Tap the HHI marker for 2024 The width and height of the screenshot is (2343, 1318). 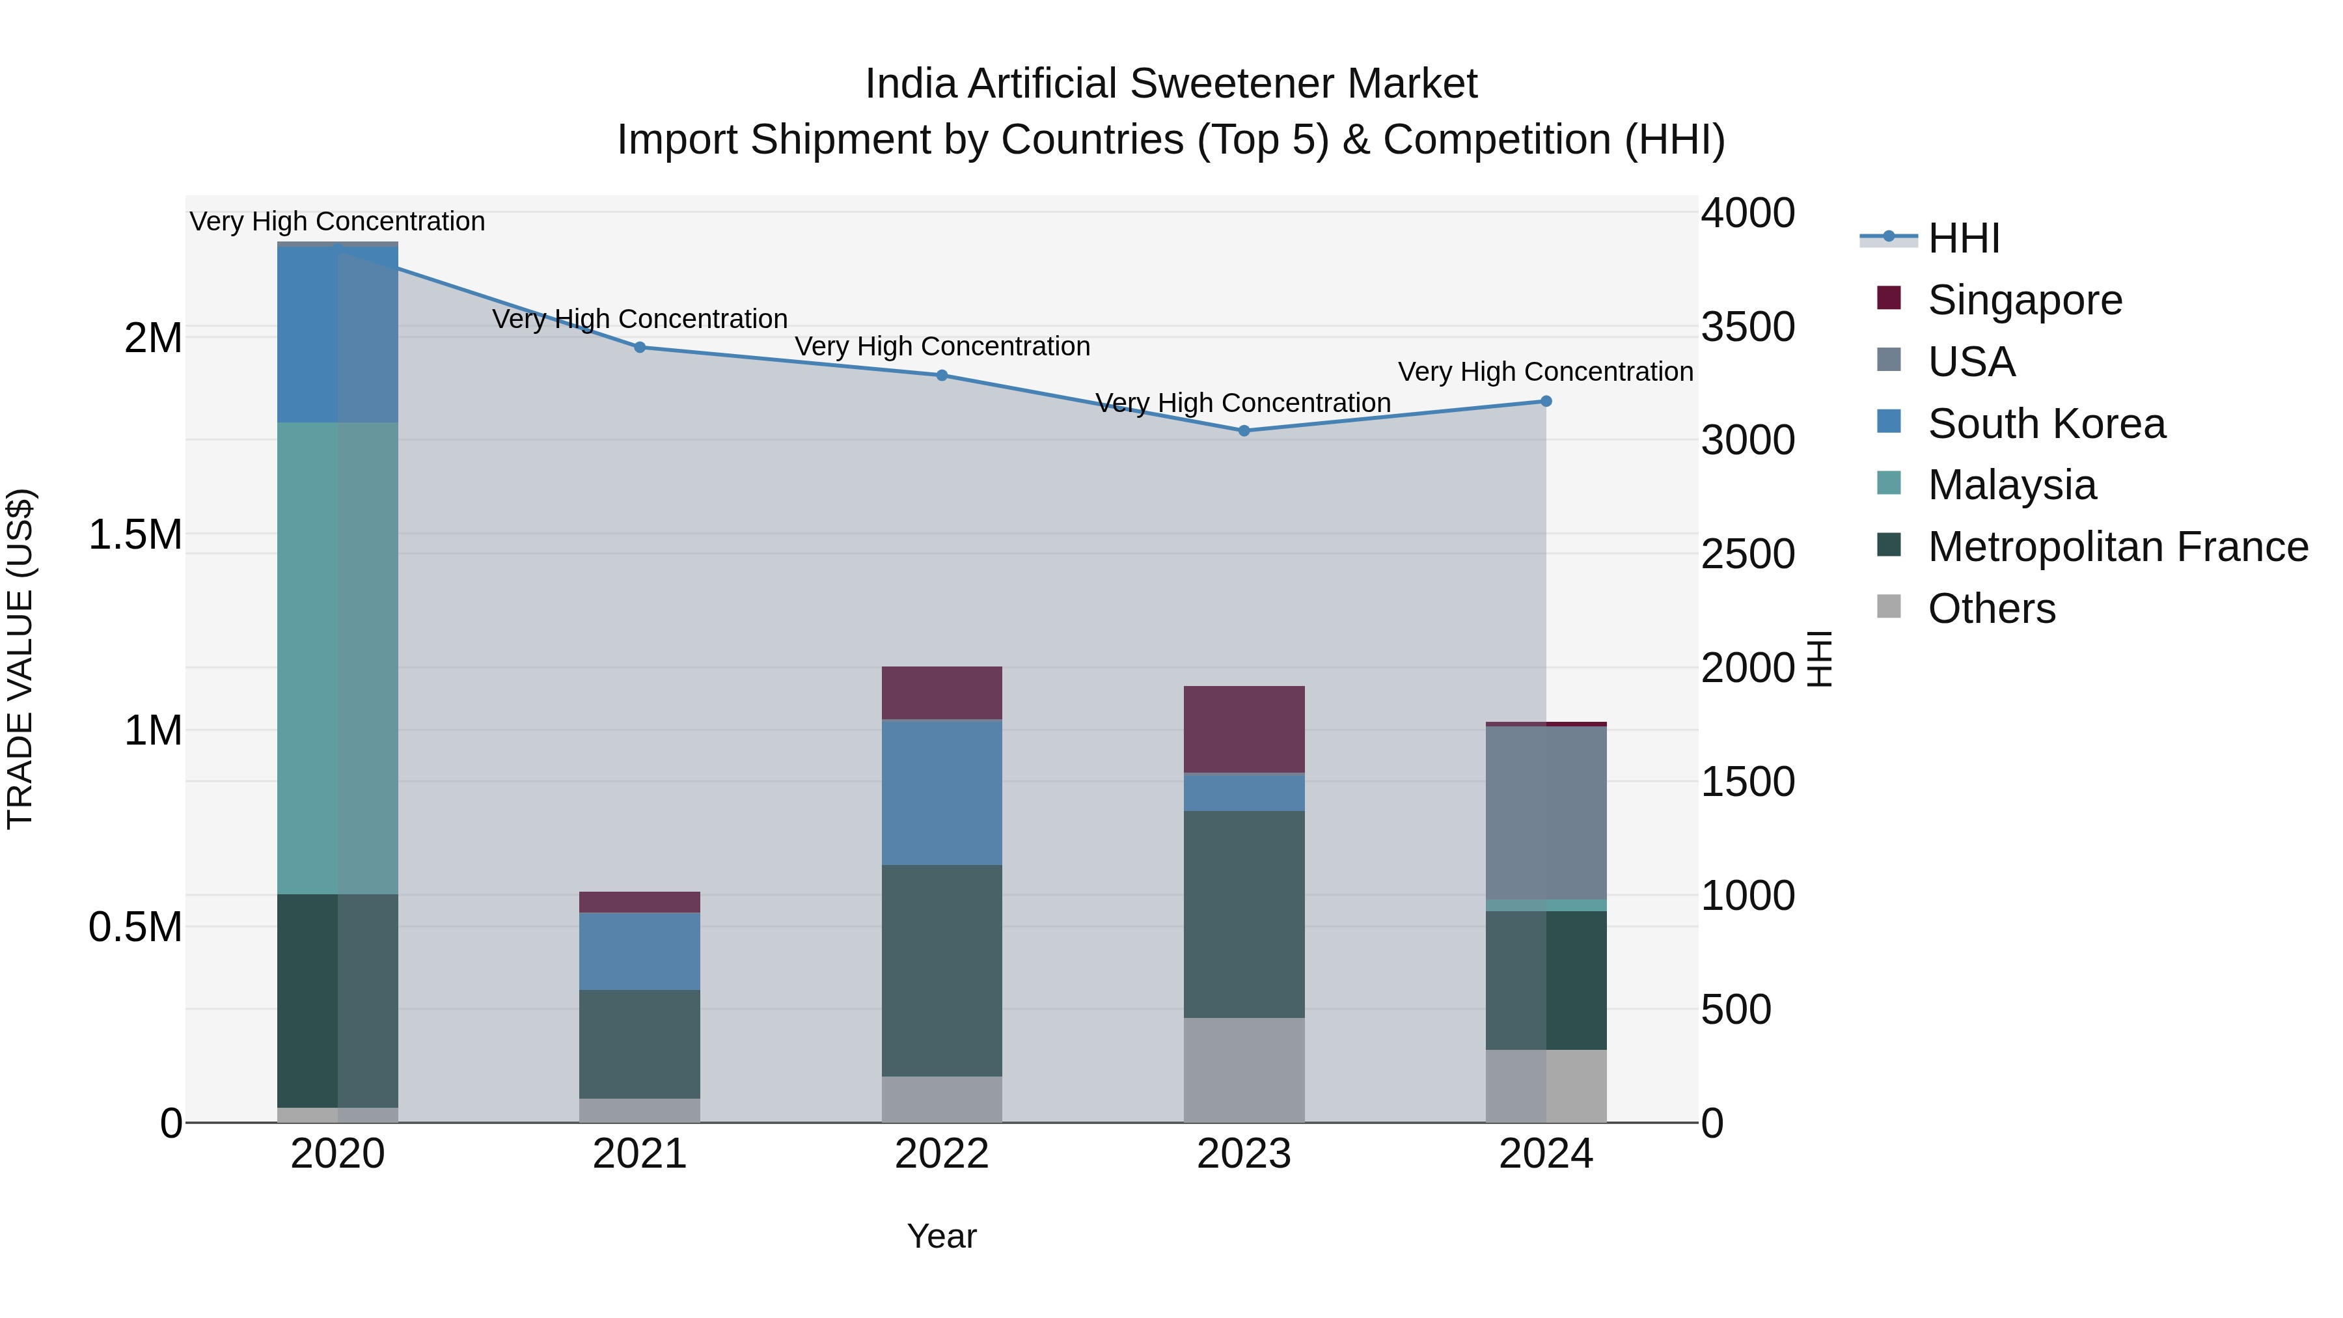pyautogui.click(x=1545, y=401)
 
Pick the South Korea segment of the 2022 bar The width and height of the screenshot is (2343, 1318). pyautogui.click(x=941, y=792)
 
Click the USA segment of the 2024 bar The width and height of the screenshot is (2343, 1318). pyautogui.click(x=1545, y=812)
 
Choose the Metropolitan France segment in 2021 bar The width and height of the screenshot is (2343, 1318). pyautogui.click(x=639, y=1044)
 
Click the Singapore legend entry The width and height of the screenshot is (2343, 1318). pyautogui.click(x=2025, y=300)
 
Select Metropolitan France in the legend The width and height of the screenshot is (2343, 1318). pyautogui.click(x=2117, y=547)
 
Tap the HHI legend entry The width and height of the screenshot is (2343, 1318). pyautogui.click(x=1963, y=238)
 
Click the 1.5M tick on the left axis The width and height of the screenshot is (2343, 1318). pyautogui.click(x=135, y=535)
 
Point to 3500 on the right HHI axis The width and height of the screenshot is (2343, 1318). pyautogui.click(x=1747, y=327)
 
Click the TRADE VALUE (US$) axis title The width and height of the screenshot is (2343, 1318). pyautogui.click(x=20, y=659)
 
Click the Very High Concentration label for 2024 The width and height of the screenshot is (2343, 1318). pyautogui.click(x=1544, y=372)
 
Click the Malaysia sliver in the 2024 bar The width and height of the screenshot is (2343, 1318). pyautogui.click(x=1545, y=905)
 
